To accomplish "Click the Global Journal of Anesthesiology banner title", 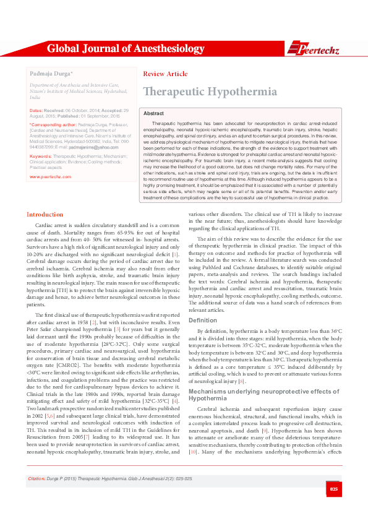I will [x=126, y=48].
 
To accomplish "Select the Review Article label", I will [x=165, y=74].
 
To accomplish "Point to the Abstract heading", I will [x=153, y=114].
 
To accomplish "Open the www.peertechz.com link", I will [x=50, y=176].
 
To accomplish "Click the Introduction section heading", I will [x=45, y=214].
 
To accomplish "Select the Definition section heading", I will [x=202, y=321].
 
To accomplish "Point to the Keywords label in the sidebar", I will [x=40, y=157].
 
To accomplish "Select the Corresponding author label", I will [x=53, y=124].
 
